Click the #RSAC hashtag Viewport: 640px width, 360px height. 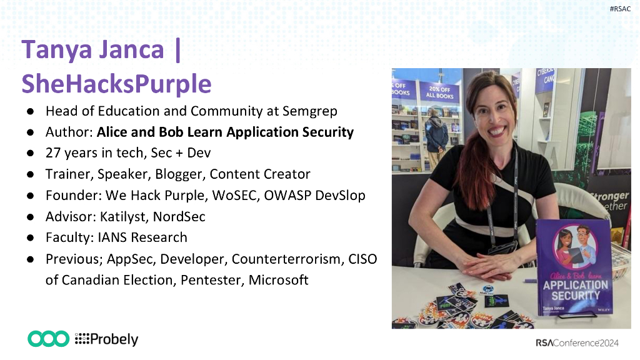(x=620, y=9)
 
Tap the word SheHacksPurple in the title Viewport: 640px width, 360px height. (x=116, y=84)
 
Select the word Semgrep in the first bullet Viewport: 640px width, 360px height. (x=310, y=111)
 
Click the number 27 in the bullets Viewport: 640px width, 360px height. (x=53, y=152)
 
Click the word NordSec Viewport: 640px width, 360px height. (x=179, y=216)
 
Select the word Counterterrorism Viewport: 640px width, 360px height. (x=287, y=259)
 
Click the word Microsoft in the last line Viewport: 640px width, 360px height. (x=278, y=280)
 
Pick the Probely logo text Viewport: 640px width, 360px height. (x=106, y=339)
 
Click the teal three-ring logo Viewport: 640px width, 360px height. (x=49, y=339)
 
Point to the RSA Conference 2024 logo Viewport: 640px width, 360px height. (x=577, y=343)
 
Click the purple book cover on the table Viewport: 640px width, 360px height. (x=575, y=267)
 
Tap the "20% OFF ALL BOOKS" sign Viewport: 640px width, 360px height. (x=439, y=92)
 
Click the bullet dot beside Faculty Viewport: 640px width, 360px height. (x=30, y=238)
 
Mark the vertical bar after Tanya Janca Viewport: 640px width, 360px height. (x=177, y=51)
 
